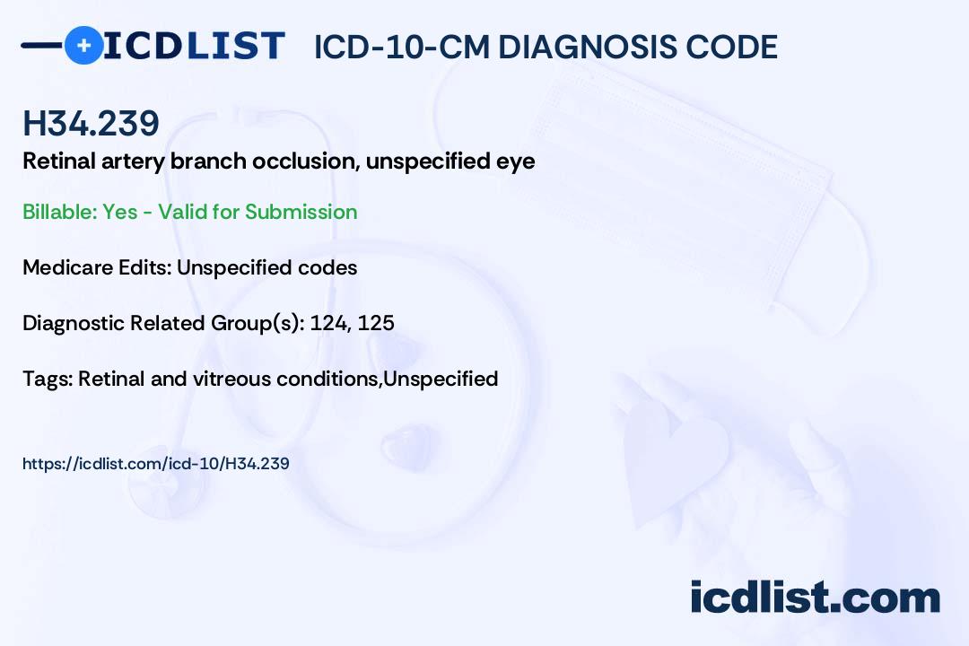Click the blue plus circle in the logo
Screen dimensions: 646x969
[x=84, y=45]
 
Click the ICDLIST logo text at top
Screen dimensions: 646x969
[x=194, y=46]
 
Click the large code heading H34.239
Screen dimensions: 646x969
[x=91, y=125]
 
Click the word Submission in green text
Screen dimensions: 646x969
[x=301, y=212]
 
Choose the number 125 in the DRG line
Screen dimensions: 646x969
[x=376, y=323]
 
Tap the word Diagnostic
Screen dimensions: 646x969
[x=73, y=323]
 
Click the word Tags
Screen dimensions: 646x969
[x=46, y=380]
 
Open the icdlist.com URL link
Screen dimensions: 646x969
[x=155, y=464]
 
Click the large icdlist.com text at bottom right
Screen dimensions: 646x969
[x=815, y=597]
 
